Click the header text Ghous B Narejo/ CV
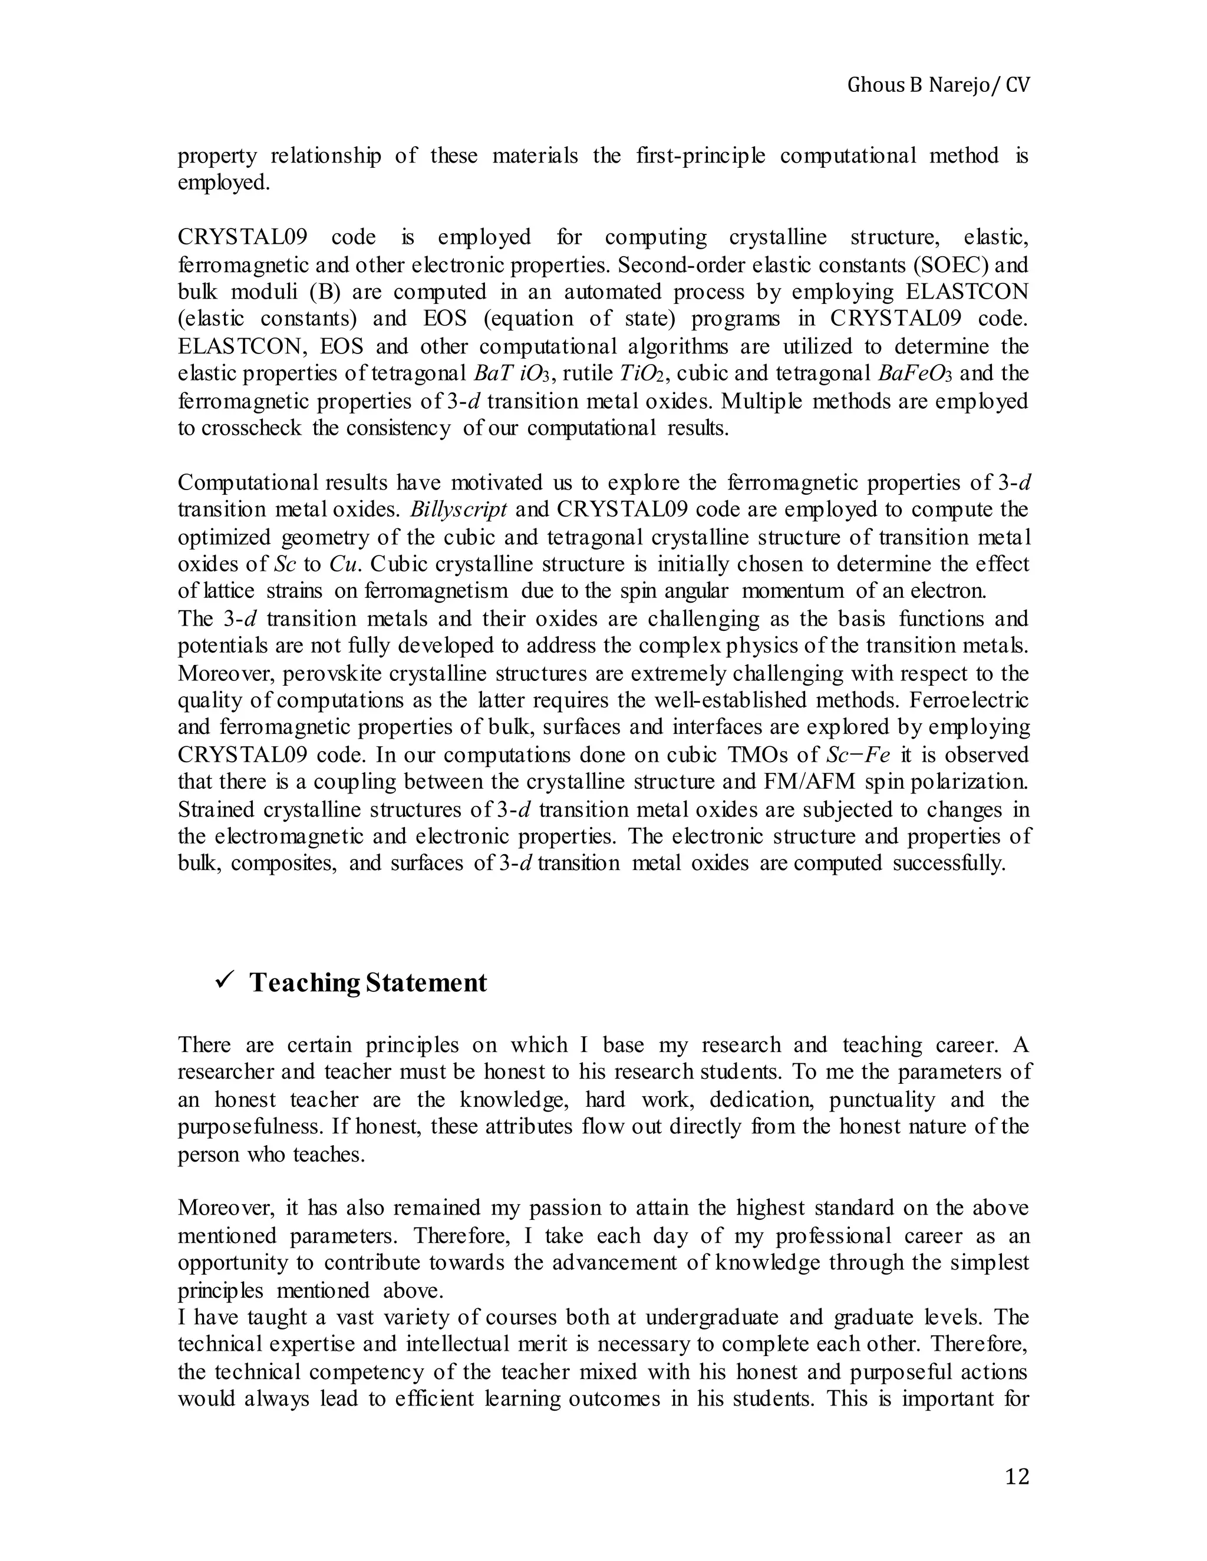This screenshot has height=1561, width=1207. (938, 86)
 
